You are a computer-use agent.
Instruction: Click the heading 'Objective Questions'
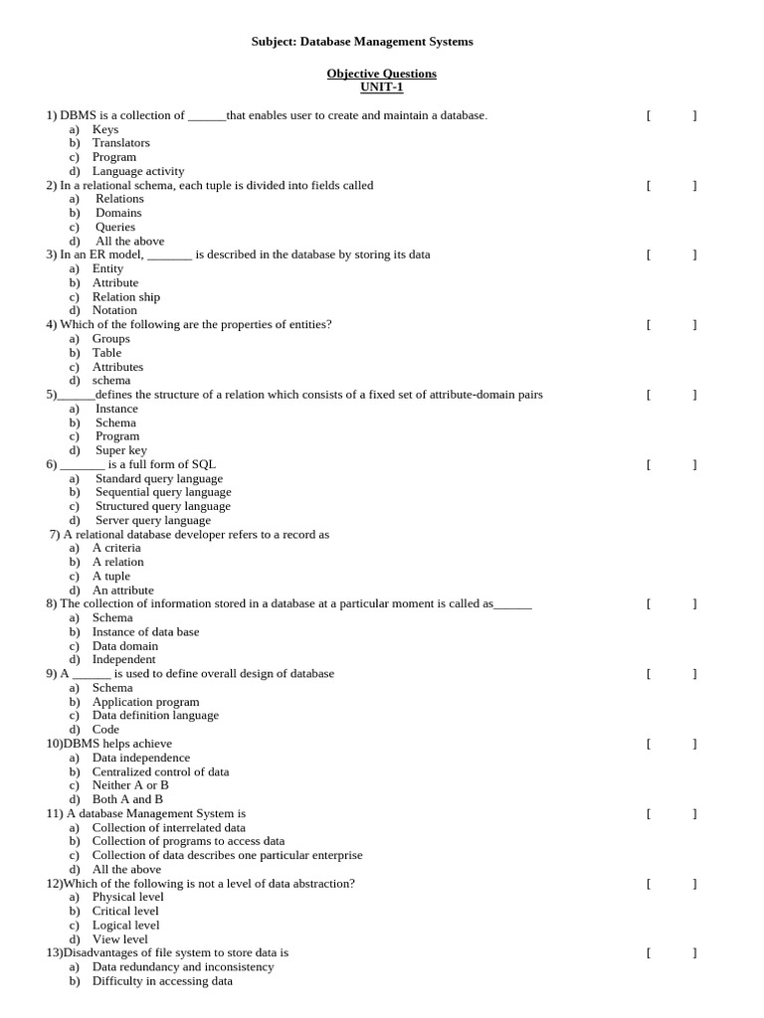381,74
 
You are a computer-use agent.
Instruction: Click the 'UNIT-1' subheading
381,87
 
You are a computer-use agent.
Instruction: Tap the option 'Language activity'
137,171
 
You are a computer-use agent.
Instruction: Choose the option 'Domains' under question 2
118,213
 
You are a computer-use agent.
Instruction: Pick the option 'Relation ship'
125,297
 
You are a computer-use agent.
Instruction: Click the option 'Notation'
114,310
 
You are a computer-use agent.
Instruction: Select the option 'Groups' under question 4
110,339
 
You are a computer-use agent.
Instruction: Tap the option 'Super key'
120,450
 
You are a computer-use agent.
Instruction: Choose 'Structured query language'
162,506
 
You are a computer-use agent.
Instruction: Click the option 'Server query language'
152,520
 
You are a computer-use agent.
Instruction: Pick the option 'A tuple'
110,577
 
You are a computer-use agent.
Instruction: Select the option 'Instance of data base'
145,632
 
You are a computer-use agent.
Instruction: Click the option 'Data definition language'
155,716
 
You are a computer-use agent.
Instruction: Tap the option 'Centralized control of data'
160,771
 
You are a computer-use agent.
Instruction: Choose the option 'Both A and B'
127,799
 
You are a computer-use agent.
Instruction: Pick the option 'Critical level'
125,911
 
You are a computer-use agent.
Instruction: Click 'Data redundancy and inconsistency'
182,967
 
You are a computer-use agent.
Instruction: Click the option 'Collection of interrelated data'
168,827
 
